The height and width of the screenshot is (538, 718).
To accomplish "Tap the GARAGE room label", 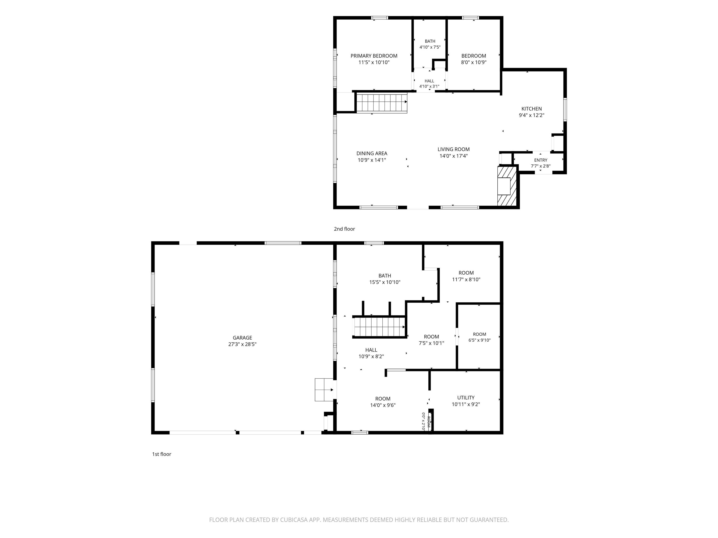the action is (242, 338).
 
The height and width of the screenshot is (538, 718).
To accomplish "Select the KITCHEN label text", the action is (531, 109).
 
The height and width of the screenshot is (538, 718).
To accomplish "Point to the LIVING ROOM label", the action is (453, 149).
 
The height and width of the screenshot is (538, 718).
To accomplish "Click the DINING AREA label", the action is (372, 153).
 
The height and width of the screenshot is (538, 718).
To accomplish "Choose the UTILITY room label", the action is (466, 398).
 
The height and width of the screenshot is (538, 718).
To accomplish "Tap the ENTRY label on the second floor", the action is (540, 160).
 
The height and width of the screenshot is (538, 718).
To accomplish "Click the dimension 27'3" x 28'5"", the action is (242, 344).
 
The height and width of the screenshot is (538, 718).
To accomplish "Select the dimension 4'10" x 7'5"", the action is (430, 47).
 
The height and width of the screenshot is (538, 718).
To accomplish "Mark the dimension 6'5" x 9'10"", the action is (479, 340).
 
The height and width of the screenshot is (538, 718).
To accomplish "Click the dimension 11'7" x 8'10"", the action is (466, 280).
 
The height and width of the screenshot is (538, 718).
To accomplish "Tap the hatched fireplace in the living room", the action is (507, 186).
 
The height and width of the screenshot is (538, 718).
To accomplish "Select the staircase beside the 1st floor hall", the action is (379, 327).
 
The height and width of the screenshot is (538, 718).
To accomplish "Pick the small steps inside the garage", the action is (324, 389).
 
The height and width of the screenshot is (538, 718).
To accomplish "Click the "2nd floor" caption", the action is (345, 229).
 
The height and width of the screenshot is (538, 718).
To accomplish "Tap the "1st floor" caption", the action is (162, 454).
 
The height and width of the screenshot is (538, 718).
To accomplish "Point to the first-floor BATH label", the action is (385, 276).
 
